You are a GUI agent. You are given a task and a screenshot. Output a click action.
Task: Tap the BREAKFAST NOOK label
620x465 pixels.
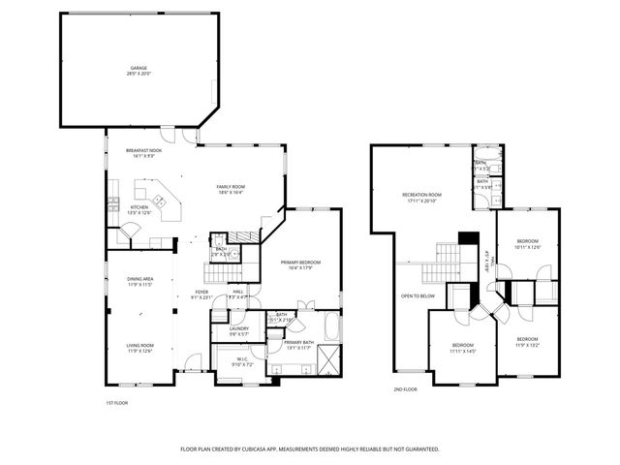coord(143,151)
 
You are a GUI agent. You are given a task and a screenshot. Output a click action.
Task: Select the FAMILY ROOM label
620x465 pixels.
coord(231,187)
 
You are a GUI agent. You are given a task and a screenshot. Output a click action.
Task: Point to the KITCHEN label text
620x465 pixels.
coord(139,207)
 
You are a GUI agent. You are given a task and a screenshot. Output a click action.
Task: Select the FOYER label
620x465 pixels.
coord(201,293)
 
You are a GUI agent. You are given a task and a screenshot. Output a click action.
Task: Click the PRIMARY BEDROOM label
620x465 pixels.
coord(300,263)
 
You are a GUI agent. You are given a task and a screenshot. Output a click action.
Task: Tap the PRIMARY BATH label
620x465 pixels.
coord(298,343)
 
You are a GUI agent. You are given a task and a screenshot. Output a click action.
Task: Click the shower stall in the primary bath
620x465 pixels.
coord(330,358)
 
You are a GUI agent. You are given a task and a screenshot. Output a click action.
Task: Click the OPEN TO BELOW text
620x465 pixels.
coord(418,295)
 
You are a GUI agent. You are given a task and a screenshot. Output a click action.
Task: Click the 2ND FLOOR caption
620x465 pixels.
coord(404,389)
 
